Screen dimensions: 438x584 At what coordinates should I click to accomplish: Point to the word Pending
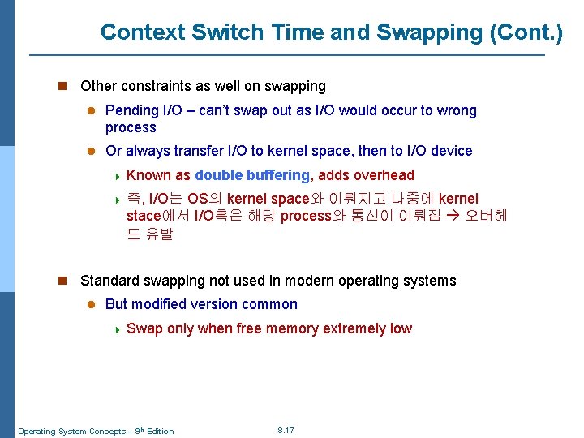point(132,110)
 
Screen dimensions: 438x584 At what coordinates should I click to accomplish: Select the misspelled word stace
point(144,217)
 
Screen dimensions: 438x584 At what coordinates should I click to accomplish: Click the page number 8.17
point(286,430)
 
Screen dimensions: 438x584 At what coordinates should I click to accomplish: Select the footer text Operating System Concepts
point(72,431)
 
